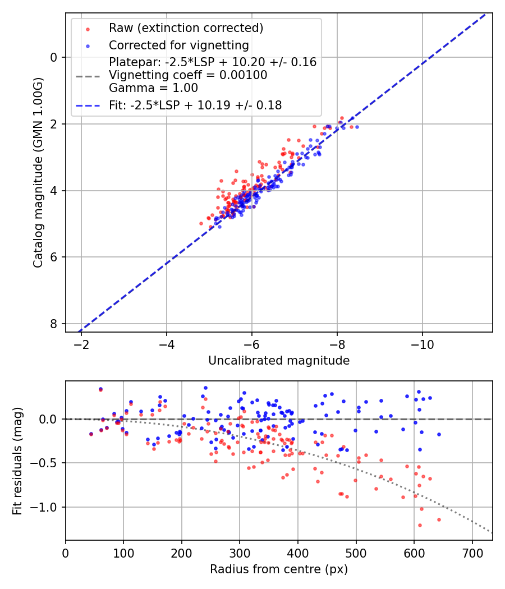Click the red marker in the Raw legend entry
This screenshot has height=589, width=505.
coord(88,28)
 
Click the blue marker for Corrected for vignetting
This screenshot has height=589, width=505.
coord(88,45)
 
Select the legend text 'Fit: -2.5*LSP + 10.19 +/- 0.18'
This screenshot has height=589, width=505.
coord(195,105)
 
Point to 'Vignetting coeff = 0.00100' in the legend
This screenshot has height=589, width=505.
coord(188,75)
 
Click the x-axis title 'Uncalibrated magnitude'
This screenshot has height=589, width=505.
coord(279,361)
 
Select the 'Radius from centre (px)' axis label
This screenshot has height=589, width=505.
coord(279,569)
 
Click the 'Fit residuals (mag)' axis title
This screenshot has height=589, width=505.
coord(17,461)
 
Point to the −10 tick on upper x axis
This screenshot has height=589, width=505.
coord(422,344)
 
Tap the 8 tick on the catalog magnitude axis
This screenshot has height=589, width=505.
coord(53,324)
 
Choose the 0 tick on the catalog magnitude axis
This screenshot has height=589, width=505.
coord(53,57)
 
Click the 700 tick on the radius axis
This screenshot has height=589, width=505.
coord(472,553)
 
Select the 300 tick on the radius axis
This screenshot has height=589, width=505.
coord(240,553)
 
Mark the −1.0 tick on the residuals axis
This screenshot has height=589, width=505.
coord(47,507)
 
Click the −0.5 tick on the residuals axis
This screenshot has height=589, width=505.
coord(47,463)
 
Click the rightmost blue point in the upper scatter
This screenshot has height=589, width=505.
coord(357,127)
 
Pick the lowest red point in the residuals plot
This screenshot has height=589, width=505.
coord(420,525)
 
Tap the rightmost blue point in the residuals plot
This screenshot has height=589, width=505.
coord(439,434)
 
